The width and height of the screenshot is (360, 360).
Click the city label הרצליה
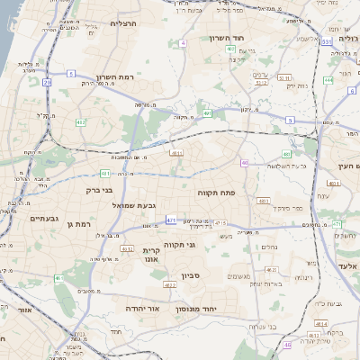[x=121, y=23]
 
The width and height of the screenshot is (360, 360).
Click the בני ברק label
[x=99, y=191]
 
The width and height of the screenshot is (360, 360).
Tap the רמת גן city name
[x=80, y=223]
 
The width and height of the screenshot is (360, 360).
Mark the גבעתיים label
[x=44, y=219]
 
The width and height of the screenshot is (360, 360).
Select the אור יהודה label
[x=139, y=307]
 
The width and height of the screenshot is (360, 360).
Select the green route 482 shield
[x=81, y=122]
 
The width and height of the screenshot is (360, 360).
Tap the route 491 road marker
[x=207, y=113]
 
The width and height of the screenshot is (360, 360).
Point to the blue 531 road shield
[x=327, y=41]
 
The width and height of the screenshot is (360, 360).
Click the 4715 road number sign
[x=220, y=223]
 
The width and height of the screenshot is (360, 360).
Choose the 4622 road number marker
[x=170, y=285]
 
